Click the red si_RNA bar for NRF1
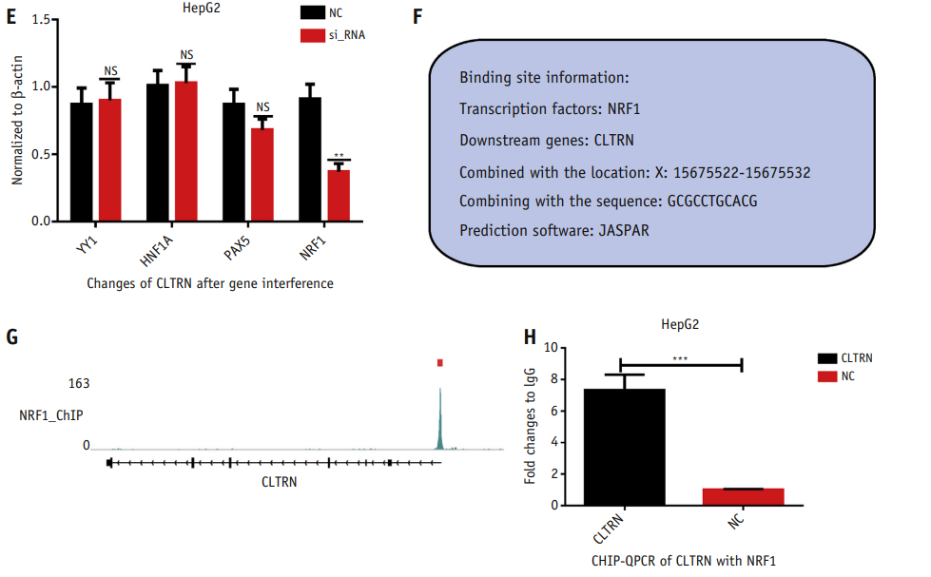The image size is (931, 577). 339,196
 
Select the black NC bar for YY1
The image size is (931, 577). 82,162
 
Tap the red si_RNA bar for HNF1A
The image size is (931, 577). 186,151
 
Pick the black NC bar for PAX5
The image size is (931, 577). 234,162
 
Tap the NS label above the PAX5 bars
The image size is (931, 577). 262,107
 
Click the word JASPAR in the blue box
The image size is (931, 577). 624,231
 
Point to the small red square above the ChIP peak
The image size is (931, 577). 440,362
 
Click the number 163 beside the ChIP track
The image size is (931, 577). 78,383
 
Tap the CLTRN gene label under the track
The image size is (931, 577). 279,482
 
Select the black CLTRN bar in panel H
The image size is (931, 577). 624,447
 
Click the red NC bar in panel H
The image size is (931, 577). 744,496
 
